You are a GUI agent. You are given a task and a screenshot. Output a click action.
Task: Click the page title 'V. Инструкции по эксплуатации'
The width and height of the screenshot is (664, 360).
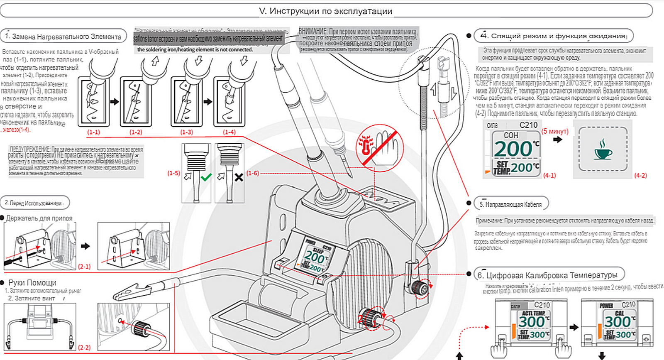tap(326, 11)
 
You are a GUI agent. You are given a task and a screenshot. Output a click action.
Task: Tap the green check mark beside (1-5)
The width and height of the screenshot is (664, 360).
tap(206, 177)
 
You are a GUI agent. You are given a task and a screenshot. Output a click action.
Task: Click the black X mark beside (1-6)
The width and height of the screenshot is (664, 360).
tap(239, 178)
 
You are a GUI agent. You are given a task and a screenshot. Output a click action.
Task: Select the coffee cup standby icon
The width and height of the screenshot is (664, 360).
tap(603, 149)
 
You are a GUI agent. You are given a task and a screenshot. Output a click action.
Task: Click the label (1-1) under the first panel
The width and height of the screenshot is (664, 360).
tap(93, 132)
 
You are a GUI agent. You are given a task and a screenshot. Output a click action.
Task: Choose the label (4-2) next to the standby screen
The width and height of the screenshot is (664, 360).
tap(640, 175)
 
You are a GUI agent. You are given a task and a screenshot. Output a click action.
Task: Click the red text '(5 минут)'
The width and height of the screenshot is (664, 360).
tap(555, 131)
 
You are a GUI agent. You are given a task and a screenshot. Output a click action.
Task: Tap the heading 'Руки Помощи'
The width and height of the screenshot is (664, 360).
tap(32, 282)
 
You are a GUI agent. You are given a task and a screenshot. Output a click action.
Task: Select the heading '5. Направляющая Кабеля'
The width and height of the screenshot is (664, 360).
tap(510, 204)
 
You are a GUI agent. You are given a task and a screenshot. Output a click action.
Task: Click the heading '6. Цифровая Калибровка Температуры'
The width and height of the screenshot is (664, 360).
tap(547, 275)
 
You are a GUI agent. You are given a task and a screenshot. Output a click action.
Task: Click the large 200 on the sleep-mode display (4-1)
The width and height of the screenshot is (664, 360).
tap(513, 149)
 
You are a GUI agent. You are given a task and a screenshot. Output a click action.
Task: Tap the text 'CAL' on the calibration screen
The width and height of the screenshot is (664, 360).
tap(619, 313)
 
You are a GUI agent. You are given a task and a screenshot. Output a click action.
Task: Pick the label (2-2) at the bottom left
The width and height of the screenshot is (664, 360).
tap(84, 347)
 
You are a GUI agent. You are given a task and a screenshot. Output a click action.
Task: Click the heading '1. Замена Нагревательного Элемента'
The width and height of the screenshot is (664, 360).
tap(63, 37)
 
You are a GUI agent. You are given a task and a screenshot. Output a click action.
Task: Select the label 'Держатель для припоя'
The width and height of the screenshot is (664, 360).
tap(39, 218)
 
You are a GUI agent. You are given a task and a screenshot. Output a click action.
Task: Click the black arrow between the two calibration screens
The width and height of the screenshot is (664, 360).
tap(574, 327)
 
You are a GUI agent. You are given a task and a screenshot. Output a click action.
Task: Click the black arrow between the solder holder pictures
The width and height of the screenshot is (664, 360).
tap(85, 246)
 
